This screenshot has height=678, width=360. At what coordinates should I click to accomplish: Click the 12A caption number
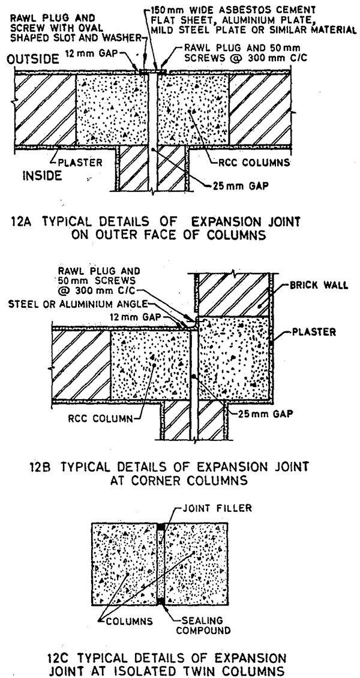click(22, 221)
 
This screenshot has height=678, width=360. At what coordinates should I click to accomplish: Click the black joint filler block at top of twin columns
click(160, 527)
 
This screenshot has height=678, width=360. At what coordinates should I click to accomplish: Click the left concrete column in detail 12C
click(123, 564)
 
